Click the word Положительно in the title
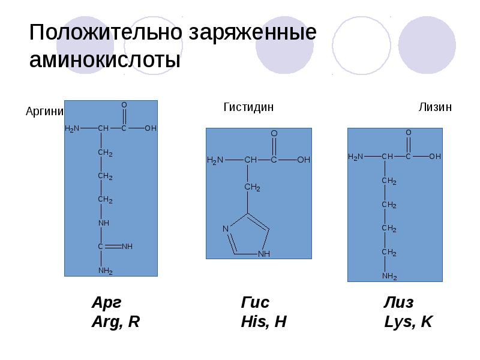pos(106,33)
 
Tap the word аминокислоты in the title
pos(106,61)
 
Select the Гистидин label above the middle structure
pos(248,107)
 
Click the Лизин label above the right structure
pos(435,107)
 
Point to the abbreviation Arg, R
pos(115,322)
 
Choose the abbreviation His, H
pos(263,322)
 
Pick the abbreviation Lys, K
pos(408,322)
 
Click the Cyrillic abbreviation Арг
pos(110,302)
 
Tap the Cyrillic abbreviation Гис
pos(255,302)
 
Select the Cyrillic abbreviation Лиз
pos(399,302)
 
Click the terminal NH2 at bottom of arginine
pos(106,271)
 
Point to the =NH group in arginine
pos(126,247)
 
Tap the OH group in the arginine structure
pos(150,128)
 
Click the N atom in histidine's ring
pos(226,229)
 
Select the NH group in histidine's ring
pos(264,254)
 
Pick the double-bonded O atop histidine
pos(274,133)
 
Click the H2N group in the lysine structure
pos(356,157)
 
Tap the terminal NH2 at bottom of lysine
pos(390,276)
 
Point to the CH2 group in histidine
pos(252,188)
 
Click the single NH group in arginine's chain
pos(104,223)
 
